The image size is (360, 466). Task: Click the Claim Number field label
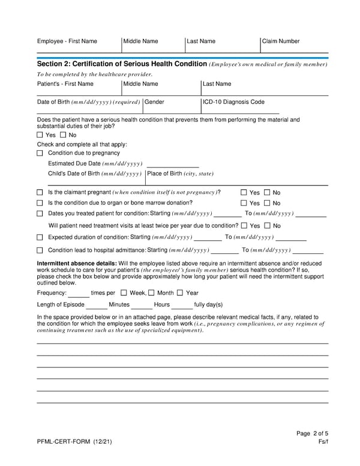pyautogui.click(x=281, y=41)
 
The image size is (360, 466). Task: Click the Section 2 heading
pyautogui.click(x=122, y=64)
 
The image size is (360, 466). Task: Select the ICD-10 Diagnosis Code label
pyautogui.click(x=233, y=102)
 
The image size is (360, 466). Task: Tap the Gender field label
pyautogui.click(x=154, y=102)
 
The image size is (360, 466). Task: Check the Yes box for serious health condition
pyautogui.click(x=40, y=135)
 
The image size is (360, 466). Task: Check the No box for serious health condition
pyautogui.click(x=63, y=135)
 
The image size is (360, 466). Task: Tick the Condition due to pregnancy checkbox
pyautogui.click(x=40, y=153)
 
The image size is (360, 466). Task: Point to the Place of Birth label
pyautogui.click(x=180, y=174)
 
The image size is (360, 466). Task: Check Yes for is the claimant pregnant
pyautogui.click(x=244, y=193)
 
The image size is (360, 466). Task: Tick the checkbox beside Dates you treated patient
pyautogui.click(x=40, y=214)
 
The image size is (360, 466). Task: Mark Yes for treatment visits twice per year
pyautogui.click(x=244, y=226)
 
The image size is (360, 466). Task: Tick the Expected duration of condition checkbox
pyautogui.click(x=40, y=237)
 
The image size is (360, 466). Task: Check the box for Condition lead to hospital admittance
pyautogui.click(x=40, y=250)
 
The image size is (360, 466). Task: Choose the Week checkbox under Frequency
pyautogui.click(x=124, y=293)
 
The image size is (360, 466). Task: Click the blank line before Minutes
pyautogui.click(x=96, y=306)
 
